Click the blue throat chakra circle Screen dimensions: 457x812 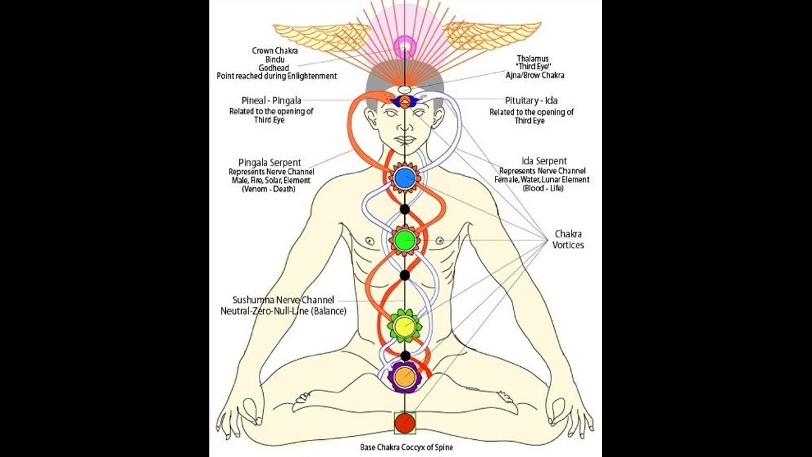[405, 178]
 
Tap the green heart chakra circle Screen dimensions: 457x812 [405, 239]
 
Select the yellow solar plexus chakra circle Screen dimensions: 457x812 [405, 326]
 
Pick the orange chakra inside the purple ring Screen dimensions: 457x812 [405, 378]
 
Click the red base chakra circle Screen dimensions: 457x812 [405, 422]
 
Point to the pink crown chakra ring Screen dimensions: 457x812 [405, 46]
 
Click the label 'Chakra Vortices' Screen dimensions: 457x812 [568, 239]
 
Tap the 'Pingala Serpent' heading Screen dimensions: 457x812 [270, 162]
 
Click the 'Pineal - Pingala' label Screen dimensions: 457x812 [271, 101]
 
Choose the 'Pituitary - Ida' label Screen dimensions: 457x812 [532, 101]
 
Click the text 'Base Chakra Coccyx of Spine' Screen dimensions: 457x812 [407, 447]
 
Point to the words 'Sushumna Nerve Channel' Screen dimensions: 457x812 [284, 300]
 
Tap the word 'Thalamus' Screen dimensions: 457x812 [532, 58]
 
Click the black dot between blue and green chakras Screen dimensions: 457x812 [405, 209]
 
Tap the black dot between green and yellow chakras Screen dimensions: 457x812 [405, 275]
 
